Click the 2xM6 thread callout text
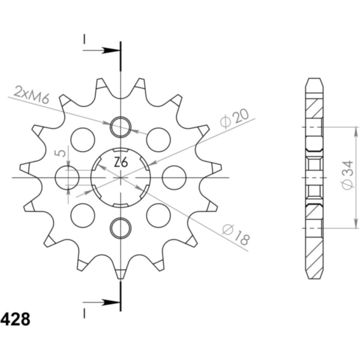point(31,94)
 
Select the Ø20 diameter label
point(235,118)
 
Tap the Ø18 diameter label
point(236,234)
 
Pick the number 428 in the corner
point(15,319)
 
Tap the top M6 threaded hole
point(121,127)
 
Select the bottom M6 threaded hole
point(121,228)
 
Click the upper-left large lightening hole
point(83,140)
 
